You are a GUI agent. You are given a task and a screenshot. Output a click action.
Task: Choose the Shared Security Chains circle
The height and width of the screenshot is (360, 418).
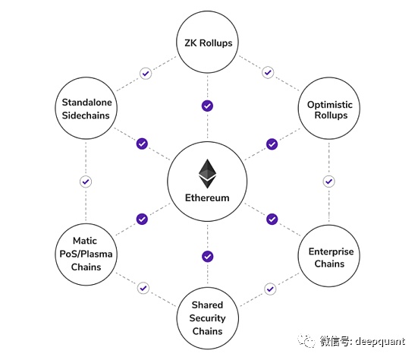click(207, 318)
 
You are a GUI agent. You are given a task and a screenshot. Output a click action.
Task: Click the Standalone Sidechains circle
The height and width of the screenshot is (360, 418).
click(86, 109)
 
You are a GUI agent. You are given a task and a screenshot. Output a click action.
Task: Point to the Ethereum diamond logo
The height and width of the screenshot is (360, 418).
click(207, 173)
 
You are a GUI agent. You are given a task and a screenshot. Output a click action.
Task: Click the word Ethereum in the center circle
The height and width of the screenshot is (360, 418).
click(207, 198)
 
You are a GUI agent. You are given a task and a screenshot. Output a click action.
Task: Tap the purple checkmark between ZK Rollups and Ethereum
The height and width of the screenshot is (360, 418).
click(207, 106)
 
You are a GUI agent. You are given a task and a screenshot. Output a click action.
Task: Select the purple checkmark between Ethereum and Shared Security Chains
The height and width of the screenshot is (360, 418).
click(207, 256)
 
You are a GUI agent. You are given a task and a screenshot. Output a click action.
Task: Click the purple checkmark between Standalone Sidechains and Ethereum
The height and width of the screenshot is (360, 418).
click(142, 144)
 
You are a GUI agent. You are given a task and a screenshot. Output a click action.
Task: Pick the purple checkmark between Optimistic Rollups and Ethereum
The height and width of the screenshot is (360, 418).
click(272, 144)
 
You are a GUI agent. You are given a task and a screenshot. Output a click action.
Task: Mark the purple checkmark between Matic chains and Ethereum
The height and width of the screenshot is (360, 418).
click(142, 219)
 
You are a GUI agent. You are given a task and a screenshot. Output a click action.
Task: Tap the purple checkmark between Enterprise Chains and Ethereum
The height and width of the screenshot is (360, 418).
click(272, 219)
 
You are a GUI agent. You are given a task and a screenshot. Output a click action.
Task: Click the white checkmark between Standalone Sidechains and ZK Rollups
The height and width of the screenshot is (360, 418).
click(146, 74)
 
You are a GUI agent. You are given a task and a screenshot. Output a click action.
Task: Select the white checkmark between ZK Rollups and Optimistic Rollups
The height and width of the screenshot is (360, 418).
click(268, 73)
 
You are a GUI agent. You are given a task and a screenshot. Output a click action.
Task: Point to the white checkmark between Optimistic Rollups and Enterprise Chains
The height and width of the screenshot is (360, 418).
click(328, 182)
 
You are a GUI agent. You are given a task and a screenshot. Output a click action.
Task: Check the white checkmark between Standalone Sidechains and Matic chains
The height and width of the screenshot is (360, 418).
click(86, 182)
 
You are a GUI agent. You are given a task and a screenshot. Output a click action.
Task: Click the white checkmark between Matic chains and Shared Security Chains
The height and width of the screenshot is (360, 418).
click(143, 289)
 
